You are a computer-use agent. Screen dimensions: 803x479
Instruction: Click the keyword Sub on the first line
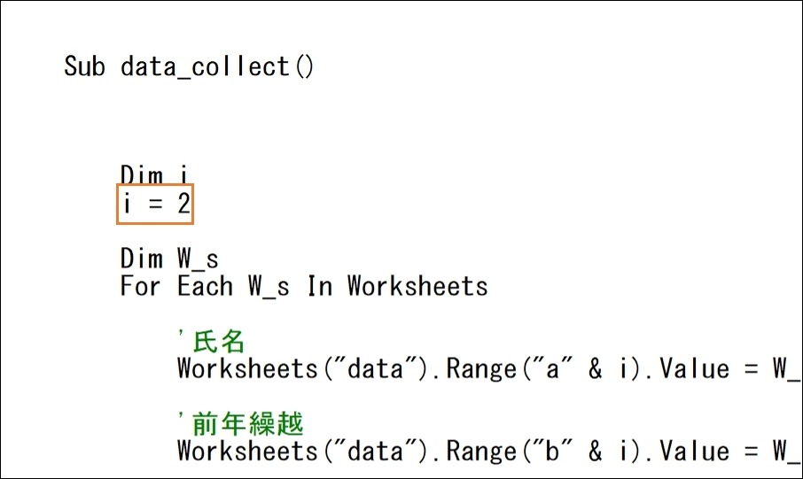84,66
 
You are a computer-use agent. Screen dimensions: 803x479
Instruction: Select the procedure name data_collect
205,67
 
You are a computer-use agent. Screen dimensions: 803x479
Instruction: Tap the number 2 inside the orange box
183,204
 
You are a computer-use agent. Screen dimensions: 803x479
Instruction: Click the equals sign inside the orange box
155,205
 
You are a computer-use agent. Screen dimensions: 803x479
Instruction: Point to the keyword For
140,286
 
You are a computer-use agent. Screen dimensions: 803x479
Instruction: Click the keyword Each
205,286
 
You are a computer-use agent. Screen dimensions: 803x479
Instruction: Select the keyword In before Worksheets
320,286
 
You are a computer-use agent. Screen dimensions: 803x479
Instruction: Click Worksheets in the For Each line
417,286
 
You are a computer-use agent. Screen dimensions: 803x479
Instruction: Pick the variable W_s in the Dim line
198,259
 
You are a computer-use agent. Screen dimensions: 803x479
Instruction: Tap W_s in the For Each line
269,286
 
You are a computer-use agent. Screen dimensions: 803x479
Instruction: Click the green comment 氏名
219,341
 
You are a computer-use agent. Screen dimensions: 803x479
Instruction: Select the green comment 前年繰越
248,424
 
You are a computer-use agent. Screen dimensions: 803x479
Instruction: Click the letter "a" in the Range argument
552,368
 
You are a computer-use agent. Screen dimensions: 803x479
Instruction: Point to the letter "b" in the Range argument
552,451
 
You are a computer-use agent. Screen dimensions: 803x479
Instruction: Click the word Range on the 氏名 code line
481,368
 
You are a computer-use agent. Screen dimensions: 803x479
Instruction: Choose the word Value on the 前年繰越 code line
695,451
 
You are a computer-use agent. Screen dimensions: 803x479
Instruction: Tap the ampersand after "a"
595,368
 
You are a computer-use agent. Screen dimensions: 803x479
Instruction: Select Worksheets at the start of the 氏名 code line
247,368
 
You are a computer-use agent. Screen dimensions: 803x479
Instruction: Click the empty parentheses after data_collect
304,67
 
